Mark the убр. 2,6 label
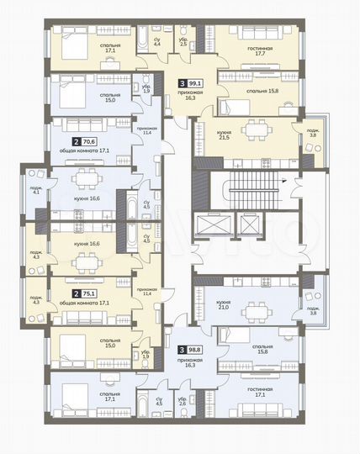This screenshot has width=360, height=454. [x=183, y=402]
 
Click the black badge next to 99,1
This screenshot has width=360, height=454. [x=184, y=83]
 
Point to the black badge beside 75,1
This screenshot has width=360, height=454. [x=77, y=294]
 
